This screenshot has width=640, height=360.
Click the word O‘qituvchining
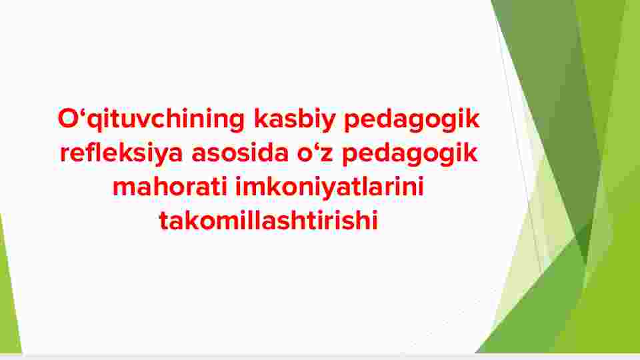pyautogui.click(x=151, y=119)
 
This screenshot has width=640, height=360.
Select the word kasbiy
pyautogui.click(x=294, y=119)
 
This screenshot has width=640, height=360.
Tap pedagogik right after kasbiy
pyautogui.click(x=411, y=119)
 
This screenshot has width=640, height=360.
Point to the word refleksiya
pyautogui.click(x=121, y=153)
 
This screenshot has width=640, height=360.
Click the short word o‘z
pyautogui.click(x=315, y=154)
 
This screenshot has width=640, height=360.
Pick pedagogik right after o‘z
pyautogui.click(x=410, y=153)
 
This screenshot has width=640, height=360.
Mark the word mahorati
pyautogui.click(x=170, y=187)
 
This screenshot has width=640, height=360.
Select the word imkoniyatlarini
pyautogui.click(x=330, y=187)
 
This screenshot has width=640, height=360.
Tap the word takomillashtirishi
pyautogui.click(x=268, y=221)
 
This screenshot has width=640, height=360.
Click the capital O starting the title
pyautogui.click(x=68, y=119)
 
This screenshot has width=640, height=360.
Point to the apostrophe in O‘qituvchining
pyautogui.click(x=83, y=112)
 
